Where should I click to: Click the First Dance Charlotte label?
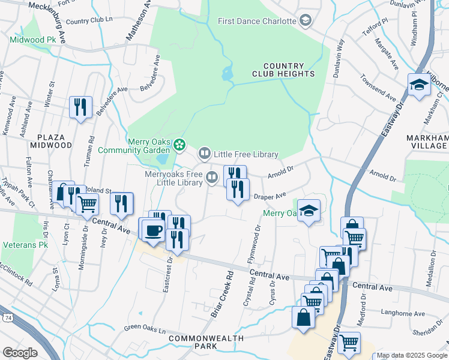pyautogui.click(x=257, y=21)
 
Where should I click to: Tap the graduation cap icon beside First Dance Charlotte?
pyautogui.click(x=306, y=21)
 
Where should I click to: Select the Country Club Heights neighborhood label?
pyautogui.click(x=289, y=70)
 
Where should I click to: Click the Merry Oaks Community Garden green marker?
pyautogui.click(x=179, y=145)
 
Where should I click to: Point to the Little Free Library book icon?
pyautogui.click(x=205, y=155)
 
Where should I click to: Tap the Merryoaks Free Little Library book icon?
pyautogui.click(x=212, y=177)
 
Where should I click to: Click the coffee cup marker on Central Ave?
pyautogui.click(x=153, y=230)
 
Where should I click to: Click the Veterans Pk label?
pyautogui.click(x=26, y=245)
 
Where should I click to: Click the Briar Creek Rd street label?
pyautogui.click(x=221, y=293)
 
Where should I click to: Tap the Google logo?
pyautogui.click(x=20, y=352)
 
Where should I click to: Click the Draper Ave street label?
pyautogui.click(x=269, y=196)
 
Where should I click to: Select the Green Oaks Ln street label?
pyautogui.click(x=145, y=328)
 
